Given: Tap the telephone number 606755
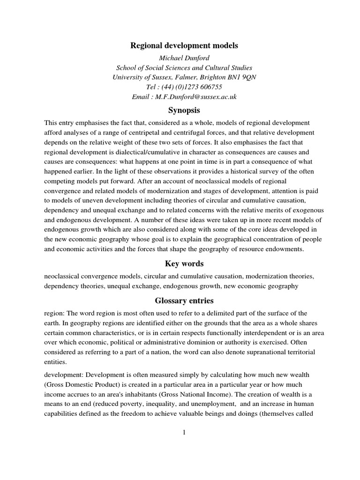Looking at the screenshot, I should click(207, 87).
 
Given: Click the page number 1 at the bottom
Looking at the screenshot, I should click(185, 432).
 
